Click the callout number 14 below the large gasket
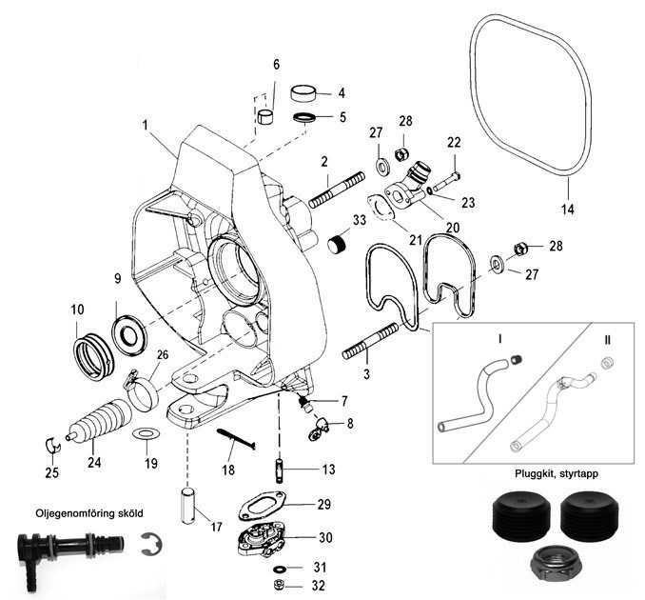tap(567, 207)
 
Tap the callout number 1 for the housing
tap(146, 125)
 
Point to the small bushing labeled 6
tap(268, 118)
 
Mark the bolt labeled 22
tap(446, 177)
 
